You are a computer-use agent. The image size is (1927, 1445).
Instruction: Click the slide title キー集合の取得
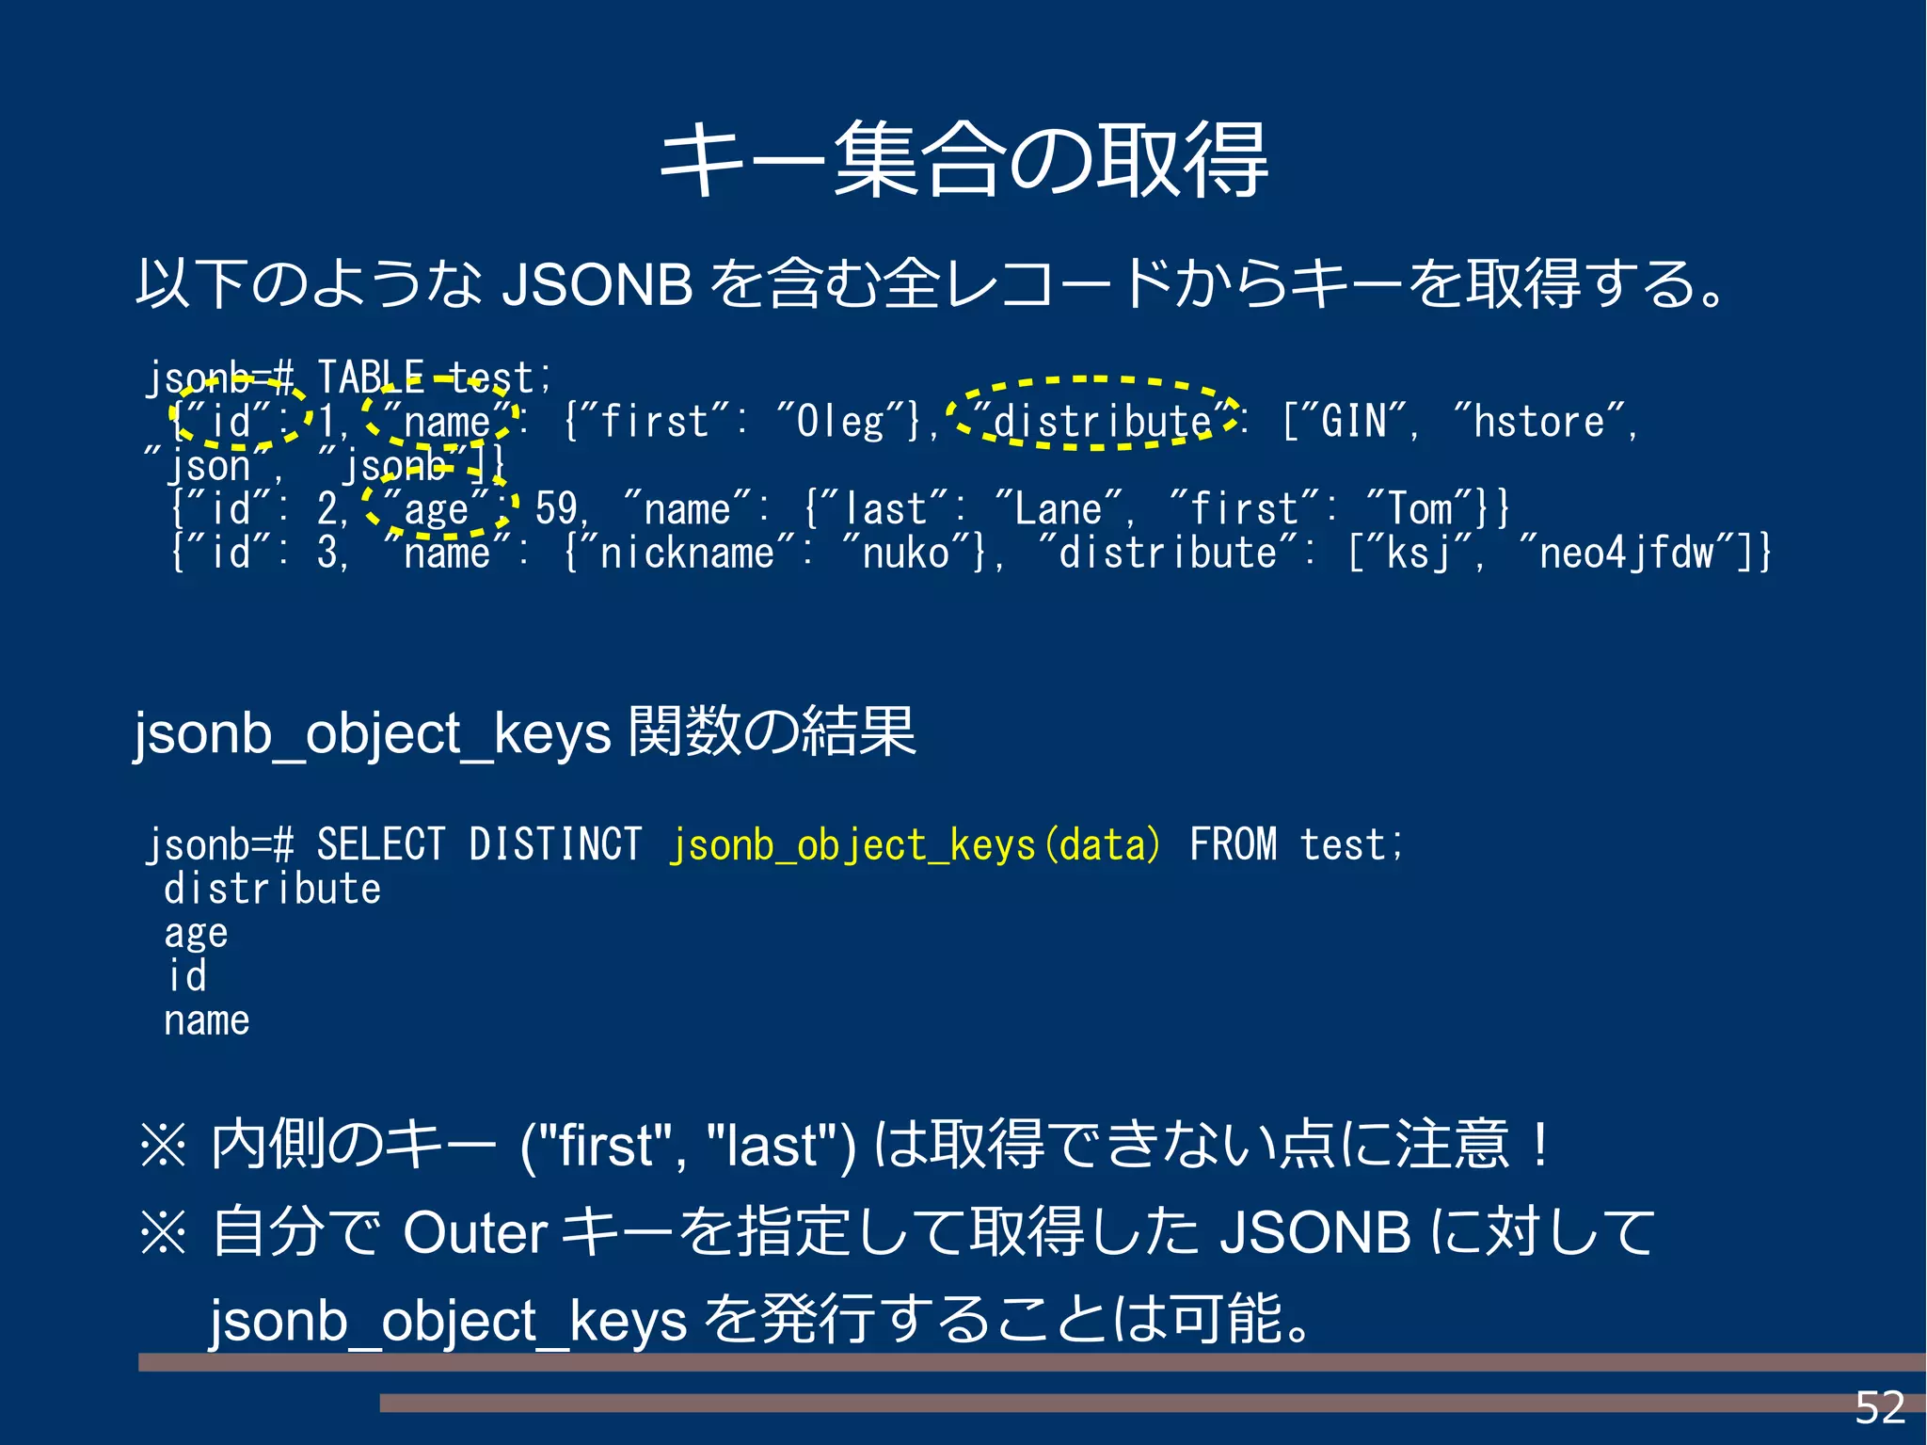963,160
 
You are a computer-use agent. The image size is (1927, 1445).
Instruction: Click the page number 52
1879,1408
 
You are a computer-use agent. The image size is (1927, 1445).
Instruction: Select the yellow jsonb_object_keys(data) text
915,844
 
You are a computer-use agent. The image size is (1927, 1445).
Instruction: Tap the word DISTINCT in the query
555,844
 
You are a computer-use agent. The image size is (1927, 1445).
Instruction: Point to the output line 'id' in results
186,977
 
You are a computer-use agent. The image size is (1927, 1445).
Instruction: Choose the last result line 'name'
206,1021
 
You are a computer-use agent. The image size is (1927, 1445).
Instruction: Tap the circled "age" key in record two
437,509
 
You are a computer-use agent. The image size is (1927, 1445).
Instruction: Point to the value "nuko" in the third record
905,554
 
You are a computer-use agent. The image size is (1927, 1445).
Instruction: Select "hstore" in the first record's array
1538,421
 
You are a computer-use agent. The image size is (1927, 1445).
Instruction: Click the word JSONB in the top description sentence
597,284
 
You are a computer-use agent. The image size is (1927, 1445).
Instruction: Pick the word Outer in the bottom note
474,1232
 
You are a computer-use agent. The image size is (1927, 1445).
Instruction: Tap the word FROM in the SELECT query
1233,844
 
